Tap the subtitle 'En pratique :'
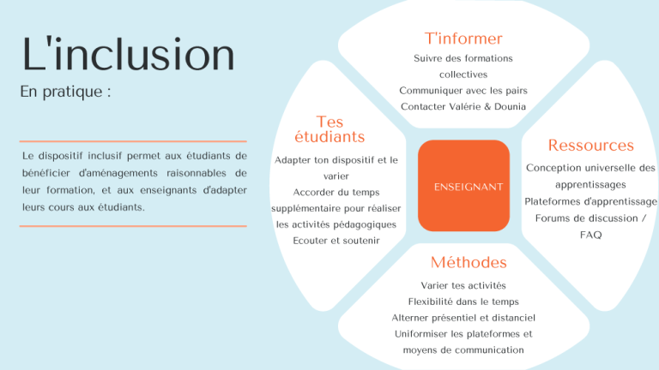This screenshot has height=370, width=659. pyautogui.click(x=65, y=92)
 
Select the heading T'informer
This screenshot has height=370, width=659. pyautogui.click(x=463, y=39)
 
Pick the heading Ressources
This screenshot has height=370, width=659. pyautogui.click(x=590, y=146)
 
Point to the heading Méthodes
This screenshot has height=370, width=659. pyautogui.click(x=469, y=262)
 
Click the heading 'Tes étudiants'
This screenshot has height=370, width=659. pyautogui.click(x=329, y=129)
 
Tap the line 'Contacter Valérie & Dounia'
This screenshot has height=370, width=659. pyautogui.click(x=463, y=107)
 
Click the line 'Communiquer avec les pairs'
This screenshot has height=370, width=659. pyautogui.click(x=463, y=91)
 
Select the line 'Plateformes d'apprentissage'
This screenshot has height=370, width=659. pyautogui.click(x=590, y=201)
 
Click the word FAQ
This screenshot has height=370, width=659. pyautogui.click(x=590, y=235)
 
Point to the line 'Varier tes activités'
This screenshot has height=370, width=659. pyautogui.click(x=463, y=285)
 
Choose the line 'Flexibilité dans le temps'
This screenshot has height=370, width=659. pyautogui.click(x=463, y=301)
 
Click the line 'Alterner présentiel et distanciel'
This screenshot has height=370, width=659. pyautogui.click(x=463, y=318)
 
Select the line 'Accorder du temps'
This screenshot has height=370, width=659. pyautogui.click(x=336, y=192)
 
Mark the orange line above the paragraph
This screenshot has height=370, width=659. pyautogui.click(x=133, y=141)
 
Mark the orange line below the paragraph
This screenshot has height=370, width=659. pyautogui.click(x=133, y=226)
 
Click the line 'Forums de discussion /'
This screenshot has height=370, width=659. pyautogui.click(x=590, y=218)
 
